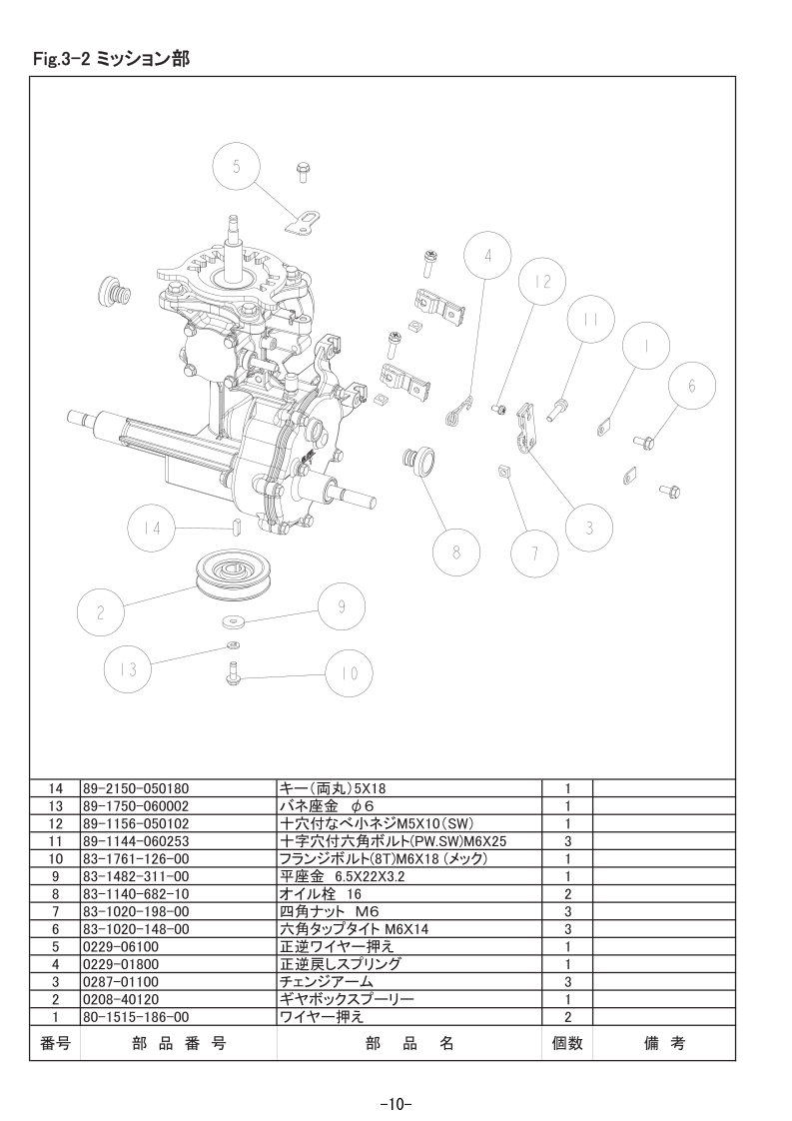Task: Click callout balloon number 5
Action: point(236,168)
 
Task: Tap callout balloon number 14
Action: point(151,529)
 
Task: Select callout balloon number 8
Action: point(456,554)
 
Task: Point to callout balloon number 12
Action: point(542,283)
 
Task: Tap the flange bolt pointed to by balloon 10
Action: point(233,672)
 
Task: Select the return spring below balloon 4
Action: point(456,411)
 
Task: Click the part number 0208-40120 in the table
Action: point(121,999)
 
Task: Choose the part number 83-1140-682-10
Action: point(136,893)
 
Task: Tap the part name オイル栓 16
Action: point(321,893)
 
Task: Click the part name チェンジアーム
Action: point(326,981)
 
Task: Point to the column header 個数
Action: point(567,1043)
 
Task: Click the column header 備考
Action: point(664,1043)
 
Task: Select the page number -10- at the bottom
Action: point(396,1104)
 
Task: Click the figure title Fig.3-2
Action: point(61,59)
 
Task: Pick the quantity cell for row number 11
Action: point(567,841)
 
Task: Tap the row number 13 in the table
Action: point(55,806)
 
